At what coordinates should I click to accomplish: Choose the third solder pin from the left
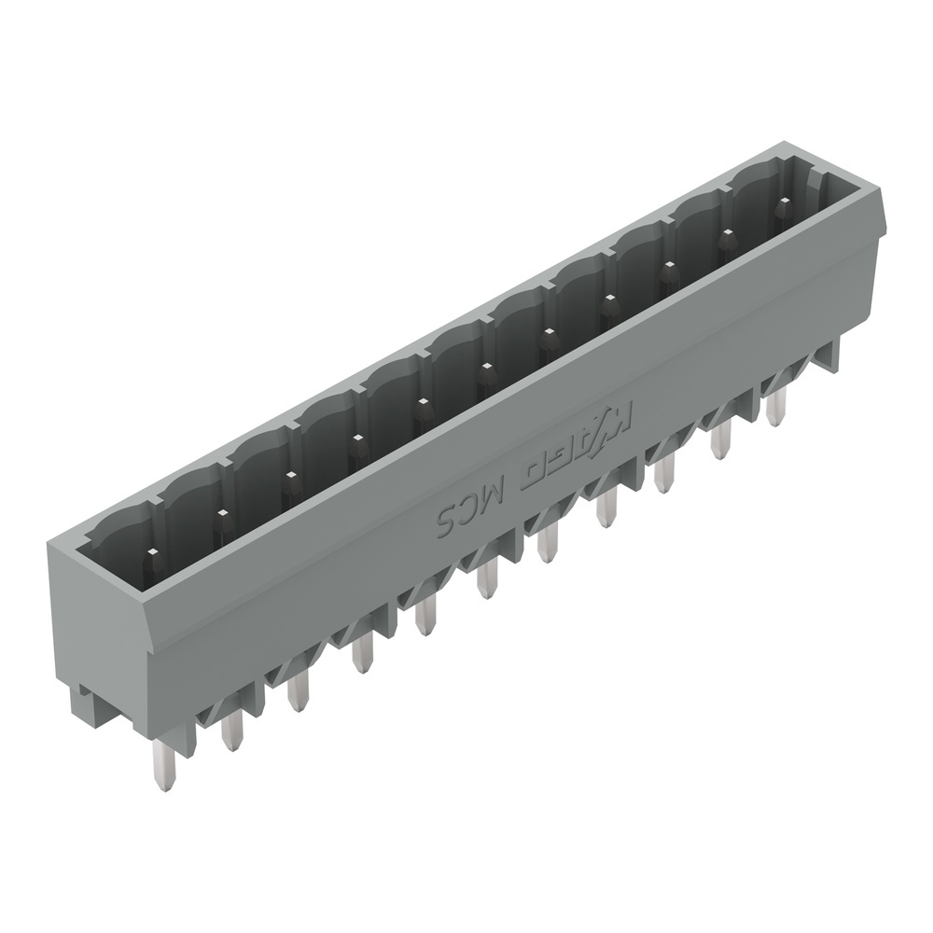pyautogui.click(x=298, y=691)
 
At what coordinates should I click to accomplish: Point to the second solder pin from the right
pyautogui.click(x=720, y=439)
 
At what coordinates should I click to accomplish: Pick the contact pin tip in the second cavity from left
pyautogui.click(x=221, y=514)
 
